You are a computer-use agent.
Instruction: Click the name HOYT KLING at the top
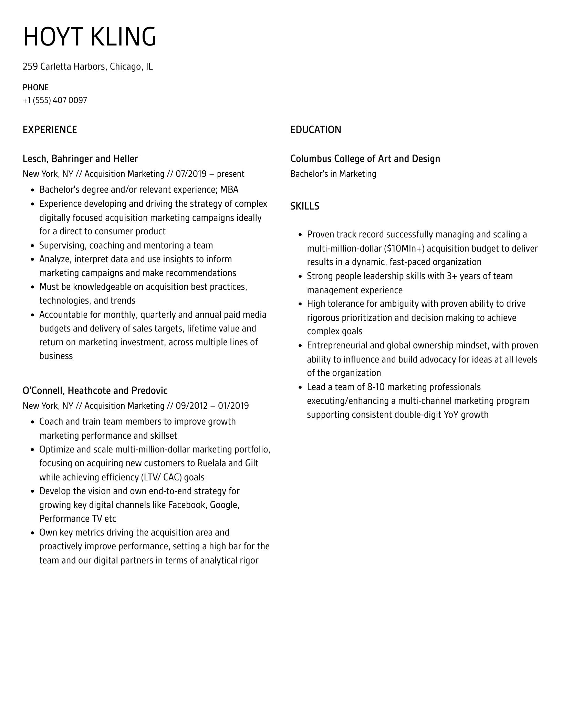[90, 37]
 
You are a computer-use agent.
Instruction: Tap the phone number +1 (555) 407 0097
[55, 100]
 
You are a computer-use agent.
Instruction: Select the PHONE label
[35, 88]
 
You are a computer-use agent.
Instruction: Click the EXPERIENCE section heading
[50, 130]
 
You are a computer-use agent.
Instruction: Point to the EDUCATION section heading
[315, 130]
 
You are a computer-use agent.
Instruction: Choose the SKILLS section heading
[304, 206]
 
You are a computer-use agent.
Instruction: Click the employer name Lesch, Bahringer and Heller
[80, 159]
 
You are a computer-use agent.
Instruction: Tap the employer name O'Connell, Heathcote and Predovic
[95, 390]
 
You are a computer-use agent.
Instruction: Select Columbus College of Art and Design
[365, 159]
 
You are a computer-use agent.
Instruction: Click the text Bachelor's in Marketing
[333, 174]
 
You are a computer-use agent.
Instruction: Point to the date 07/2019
[191, 174]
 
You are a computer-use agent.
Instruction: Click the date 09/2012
[191, 406]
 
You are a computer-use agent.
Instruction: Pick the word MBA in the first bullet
[229, 190]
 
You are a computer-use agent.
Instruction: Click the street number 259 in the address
[30, 66]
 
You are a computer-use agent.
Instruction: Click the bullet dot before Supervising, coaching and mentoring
[32, 246]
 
